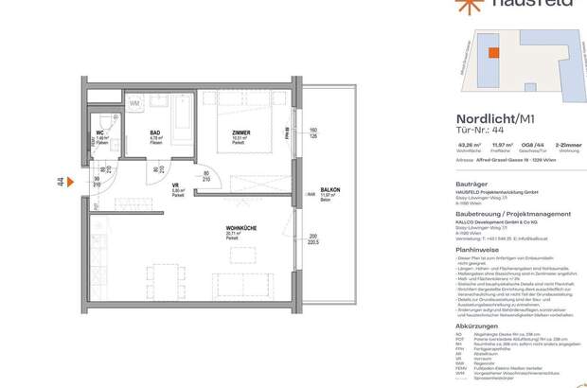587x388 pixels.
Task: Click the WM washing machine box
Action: click(x=134, y=101)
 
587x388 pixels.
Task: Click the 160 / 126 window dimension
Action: click(x=311, y=132)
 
